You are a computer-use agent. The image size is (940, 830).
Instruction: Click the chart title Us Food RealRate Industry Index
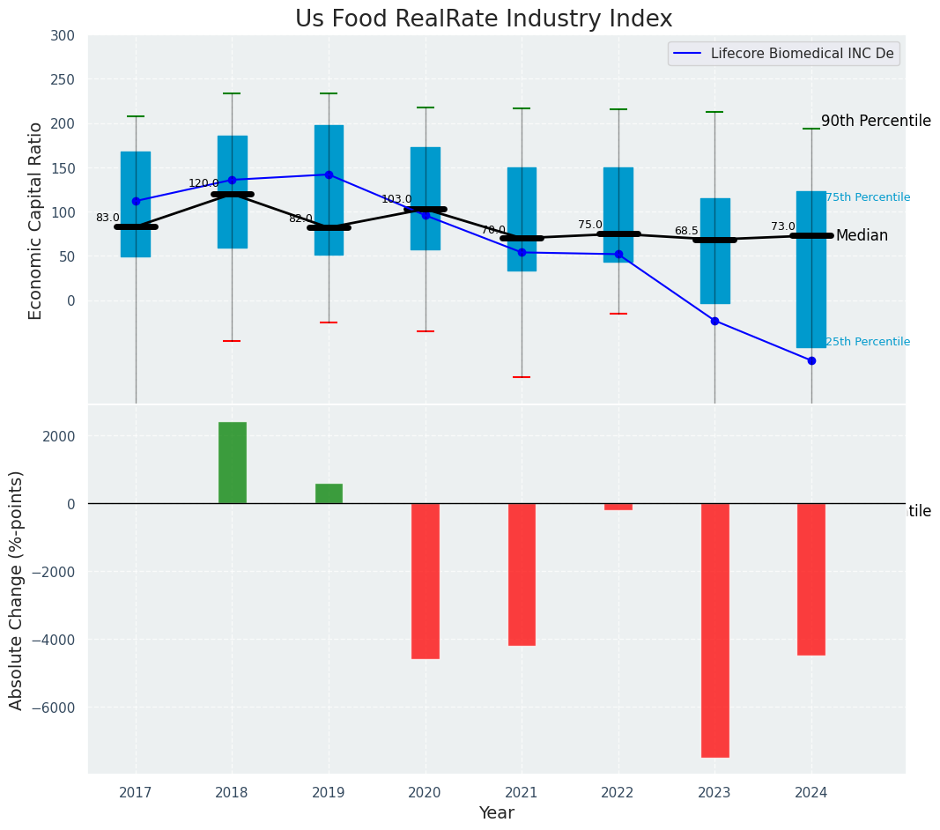pyautogui.click(x=484, y=19)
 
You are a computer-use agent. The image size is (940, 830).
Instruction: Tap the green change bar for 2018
pyautogui.click(x=233, y=463)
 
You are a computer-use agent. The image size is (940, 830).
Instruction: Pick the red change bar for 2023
pyautogui.click(x=714, y=629)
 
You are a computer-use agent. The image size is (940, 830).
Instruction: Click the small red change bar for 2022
pyautogui.click(x=618, y=507)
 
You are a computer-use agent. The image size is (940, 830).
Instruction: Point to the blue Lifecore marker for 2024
pyautogui.click(x=811, y=360)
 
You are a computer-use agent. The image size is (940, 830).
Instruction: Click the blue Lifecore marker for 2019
pyautogui.click(x=329, y=174)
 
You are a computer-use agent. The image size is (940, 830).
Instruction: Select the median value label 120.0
pyautogui.click(x=204, y=183)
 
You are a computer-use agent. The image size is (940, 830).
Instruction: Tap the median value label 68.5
pyautogui.click(x=686, y=231)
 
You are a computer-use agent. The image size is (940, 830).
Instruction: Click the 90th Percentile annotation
pyautogui.click(x=875, y=121)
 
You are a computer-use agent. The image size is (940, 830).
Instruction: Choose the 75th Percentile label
pyautogui.click(x=868, y=197)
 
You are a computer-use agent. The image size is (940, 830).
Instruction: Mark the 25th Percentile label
pyautogui.click(x=868, y=342)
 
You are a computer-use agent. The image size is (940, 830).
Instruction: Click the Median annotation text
pyautogui.click(x=862, y=235)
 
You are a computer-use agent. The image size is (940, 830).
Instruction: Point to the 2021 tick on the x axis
pyautogui.click(x=522, y=793)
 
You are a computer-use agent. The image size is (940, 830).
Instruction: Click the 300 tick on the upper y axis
pyautogui.click(x=63, y=35)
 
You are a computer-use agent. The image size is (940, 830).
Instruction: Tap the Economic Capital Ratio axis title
pyautogui.click(x=36, y=220)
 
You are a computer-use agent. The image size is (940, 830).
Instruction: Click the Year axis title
pyautogui.click(x=496, y=813)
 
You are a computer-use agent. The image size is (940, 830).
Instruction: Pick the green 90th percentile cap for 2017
pyautogui.click(x=136, y=116)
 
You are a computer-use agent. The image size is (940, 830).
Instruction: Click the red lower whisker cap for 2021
pyautogui.click(x=522, y=377)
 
